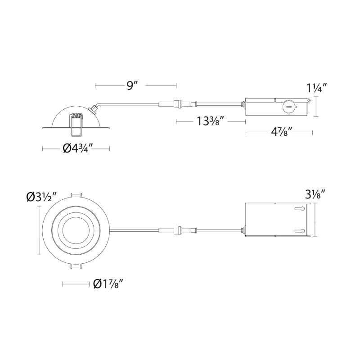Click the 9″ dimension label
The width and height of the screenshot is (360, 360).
tap(132, 86)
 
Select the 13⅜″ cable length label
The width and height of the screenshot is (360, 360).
tap(210, 121)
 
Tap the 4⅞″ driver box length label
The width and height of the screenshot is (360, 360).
tap(282, 132)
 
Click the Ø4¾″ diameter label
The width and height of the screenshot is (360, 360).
tap(77, 149)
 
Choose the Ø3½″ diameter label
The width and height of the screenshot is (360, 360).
tap(41, 198)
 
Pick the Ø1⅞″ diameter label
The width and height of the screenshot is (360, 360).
tap(109, 284)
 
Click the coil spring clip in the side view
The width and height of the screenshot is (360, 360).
tap(77, 116)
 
